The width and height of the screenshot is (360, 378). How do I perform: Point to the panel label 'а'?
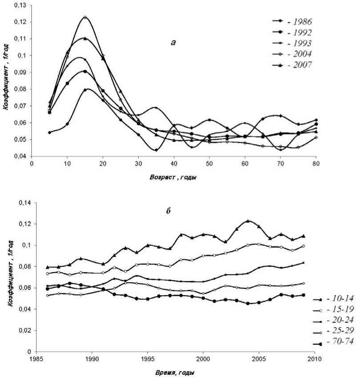tap(174, 43)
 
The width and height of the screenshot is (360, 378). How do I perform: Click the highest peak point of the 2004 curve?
tap(85, 17)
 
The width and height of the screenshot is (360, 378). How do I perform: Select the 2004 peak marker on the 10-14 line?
tap(248, 221)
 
